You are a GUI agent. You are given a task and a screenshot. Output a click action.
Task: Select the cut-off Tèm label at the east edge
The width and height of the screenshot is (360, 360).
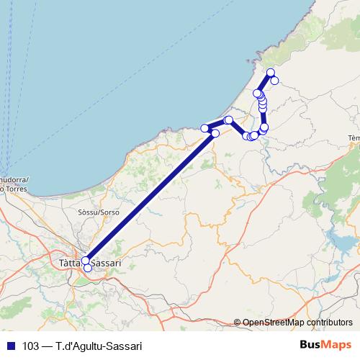[353, 138]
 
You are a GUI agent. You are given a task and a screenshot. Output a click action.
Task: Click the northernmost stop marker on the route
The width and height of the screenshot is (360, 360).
[271, 72]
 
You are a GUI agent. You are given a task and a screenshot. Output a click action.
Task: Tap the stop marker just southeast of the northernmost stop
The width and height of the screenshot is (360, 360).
[275, 80]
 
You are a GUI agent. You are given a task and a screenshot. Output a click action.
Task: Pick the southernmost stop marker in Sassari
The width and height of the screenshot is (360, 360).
[88, 268]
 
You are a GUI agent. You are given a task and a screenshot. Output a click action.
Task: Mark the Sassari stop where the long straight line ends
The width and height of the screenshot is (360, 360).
[85, 261]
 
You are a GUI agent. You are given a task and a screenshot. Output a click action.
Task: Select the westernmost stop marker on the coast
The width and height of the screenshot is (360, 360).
[204, 128]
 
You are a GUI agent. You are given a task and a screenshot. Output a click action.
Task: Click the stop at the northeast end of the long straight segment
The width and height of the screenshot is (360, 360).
[215, 133]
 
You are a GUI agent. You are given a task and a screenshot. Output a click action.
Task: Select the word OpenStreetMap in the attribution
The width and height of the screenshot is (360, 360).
[277, 323]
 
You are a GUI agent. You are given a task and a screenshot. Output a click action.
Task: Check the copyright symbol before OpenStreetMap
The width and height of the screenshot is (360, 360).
[238, 323]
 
